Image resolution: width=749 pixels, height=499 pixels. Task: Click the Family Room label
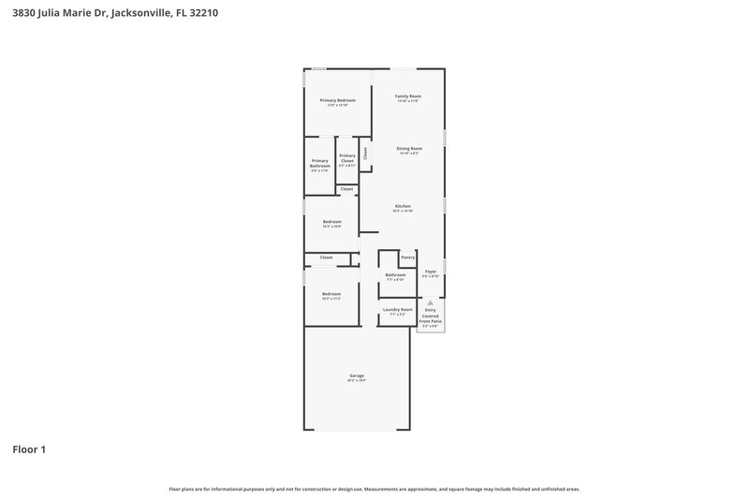[x=407, y=96]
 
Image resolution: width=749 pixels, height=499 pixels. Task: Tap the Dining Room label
[x=409, y=148]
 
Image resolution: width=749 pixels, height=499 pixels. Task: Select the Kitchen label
[x=403, y=206]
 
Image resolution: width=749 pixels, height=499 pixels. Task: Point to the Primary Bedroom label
[x=337, y=100]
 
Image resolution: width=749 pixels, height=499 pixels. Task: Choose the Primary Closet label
[x=347, y=158]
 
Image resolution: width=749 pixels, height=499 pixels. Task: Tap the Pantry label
[x=407, y=257]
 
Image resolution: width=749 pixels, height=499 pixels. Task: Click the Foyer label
[x=431, y=272]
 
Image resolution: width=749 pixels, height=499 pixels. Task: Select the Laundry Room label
[x=397, y=309]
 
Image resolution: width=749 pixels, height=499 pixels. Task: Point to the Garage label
[x=357, y=375]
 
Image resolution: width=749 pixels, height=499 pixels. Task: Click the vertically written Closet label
[x=365, y=152]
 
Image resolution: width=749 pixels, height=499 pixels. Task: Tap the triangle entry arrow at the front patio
[x=430, y=302]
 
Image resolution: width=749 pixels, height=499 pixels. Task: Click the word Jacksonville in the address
[x=141, y=14]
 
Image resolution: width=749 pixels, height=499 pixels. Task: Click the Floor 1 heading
[x=29, y=449]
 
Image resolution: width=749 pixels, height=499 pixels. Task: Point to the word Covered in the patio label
[x=430, y=316]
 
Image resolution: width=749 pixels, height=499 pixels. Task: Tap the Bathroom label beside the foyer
[x=395, y=274]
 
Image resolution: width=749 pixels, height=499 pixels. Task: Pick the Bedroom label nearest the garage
[x=331, y=293]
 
